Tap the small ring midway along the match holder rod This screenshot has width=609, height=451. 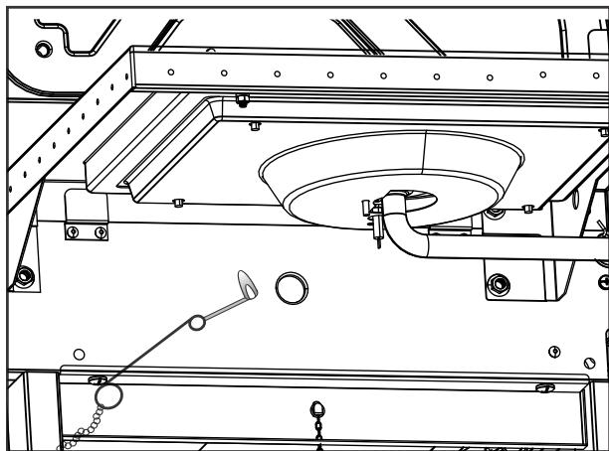(198, 322)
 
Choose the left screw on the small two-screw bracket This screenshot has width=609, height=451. (74, 231)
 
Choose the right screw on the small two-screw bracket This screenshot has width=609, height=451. (100, 231)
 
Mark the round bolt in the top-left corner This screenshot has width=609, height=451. (43, 48)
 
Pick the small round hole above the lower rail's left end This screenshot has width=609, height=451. (79, 353)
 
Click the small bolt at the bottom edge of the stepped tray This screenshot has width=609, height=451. (176, 203)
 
